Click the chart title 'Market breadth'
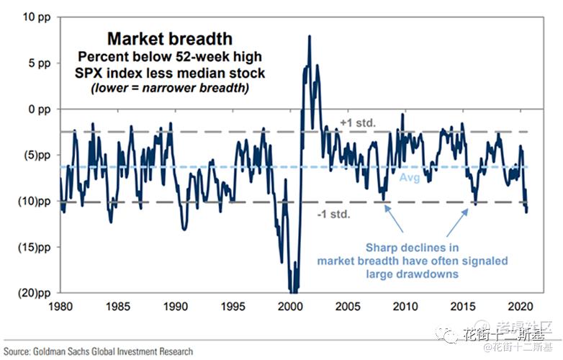click(170, 38)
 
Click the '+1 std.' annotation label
click(357, 123)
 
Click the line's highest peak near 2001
click(310, 36)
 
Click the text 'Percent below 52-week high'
click(170, 56)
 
